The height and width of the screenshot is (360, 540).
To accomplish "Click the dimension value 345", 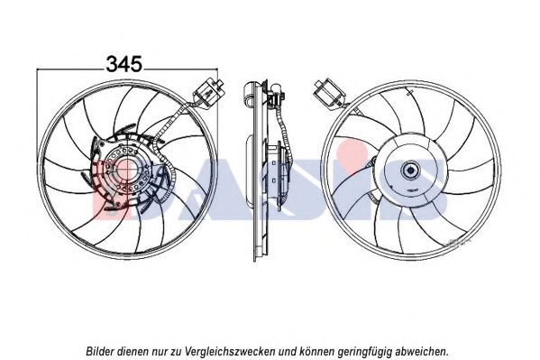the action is coord(124,64).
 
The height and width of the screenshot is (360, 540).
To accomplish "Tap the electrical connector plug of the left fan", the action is coord(209,90).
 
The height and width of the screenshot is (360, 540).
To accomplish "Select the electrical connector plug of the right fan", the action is coord(330,92).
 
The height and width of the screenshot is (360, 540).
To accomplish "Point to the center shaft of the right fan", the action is coord(410,170).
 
